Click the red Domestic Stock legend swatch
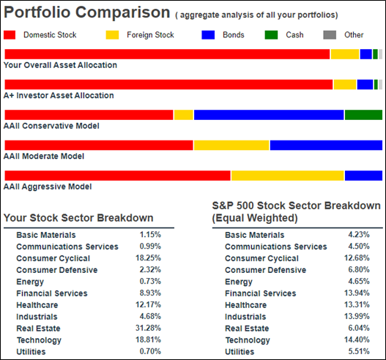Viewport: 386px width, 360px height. point(10,35)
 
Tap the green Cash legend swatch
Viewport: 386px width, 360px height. point(271,35)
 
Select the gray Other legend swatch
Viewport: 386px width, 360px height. point(330,35)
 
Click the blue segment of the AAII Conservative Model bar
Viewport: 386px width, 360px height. point(269,115)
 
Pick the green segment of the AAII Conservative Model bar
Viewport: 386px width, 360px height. point(363,115)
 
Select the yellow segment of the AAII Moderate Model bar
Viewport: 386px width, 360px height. point(231,145)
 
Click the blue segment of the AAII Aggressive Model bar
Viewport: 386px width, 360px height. point(363,176)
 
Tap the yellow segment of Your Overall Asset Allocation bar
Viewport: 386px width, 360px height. point(345,54)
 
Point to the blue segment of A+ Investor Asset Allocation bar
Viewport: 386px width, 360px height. point(365,85)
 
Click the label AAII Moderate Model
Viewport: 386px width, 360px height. point(44,156)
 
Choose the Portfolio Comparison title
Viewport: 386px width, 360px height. point(87,12)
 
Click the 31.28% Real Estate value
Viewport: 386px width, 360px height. point(148,328)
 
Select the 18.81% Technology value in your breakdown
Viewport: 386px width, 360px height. point(148,340)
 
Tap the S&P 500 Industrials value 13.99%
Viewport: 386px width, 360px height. point(357,316)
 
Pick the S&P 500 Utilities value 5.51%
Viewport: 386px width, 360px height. point(359,351)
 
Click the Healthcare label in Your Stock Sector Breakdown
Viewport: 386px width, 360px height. point(37,305)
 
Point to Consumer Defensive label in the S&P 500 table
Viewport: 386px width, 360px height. point(266,270)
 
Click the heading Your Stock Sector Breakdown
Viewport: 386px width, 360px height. point(78,218)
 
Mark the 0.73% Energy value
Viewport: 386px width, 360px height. point(150,281)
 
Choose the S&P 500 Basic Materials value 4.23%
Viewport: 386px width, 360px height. point(359,235)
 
